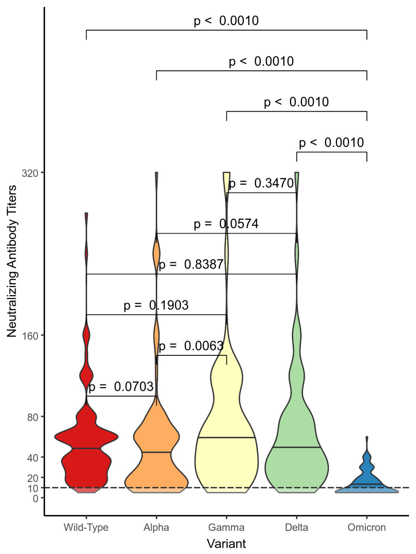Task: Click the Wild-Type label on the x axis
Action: pyautogui.click(x=86, y=527)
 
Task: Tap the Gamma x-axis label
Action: pyautogui.click(x=226, y=527)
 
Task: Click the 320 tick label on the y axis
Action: pyautogui.click(x=30, y=173)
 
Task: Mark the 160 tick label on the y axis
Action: pyautogui.click(x=30, y=336)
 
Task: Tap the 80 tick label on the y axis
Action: pyautogui.click(x=33, y=417)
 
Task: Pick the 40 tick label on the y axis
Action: pyautogui.click(x=33, y=458)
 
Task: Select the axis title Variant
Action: pyautogui.click(x=226, y=543)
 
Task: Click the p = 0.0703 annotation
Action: pyautogui.click(x=121, y=387)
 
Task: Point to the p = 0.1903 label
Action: pyautogui.click(x=156, y=305)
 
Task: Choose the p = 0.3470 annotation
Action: pyautogui.click(x=261, y=183)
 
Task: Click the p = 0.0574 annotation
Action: pyautogui.click(x=226, y=224)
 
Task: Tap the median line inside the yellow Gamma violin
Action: pyautogui.click(x=226, y=437)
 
